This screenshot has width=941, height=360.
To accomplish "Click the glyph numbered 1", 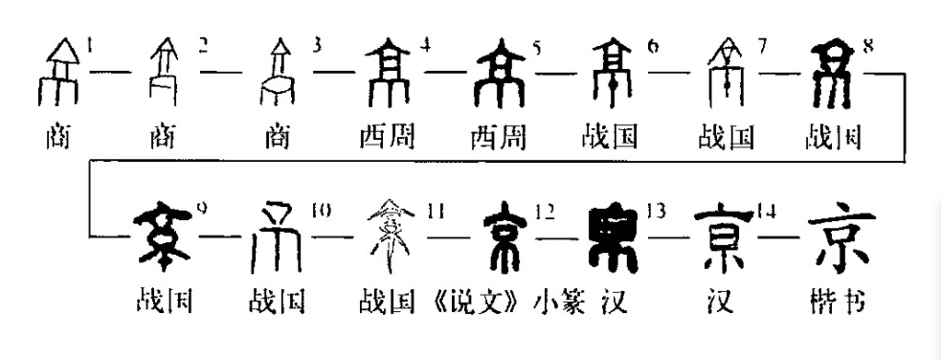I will (59, 72).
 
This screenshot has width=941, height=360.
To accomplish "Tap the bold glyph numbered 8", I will (834, 72).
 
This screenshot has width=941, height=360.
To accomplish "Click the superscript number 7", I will (762, 46).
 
